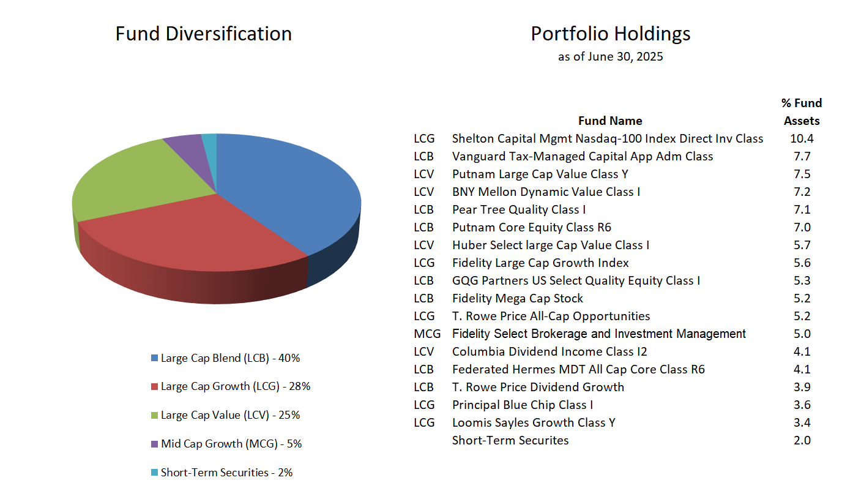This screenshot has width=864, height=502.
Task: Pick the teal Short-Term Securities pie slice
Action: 209,140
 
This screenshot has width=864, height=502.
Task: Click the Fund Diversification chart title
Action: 203,33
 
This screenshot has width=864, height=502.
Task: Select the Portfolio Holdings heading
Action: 610,33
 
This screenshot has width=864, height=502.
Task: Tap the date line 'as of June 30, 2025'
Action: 610,57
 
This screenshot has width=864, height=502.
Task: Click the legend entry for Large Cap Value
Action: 230,415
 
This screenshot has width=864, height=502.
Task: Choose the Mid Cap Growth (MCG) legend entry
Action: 231,444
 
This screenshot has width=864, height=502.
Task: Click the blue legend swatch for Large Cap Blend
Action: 154,358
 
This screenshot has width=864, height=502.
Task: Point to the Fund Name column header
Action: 610,121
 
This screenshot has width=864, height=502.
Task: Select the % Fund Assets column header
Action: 802,112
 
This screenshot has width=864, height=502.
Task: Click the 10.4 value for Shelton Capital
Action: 802,138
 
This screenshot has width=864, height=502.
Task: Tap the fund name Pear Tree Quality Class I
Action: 519,209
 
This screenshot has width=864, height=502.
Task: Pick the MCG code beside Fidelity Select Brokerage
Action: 427,334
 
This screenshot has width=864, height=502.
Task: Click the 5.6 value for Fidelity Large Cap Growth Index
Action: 802,263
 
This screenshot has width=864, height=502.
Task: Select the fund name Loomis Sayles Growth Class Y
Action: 534,422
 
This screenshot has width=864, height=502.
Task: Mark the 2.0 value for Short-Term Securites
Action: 802,440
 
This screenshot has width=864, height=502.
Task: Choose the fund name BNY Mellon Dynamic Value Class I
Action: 546,192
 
